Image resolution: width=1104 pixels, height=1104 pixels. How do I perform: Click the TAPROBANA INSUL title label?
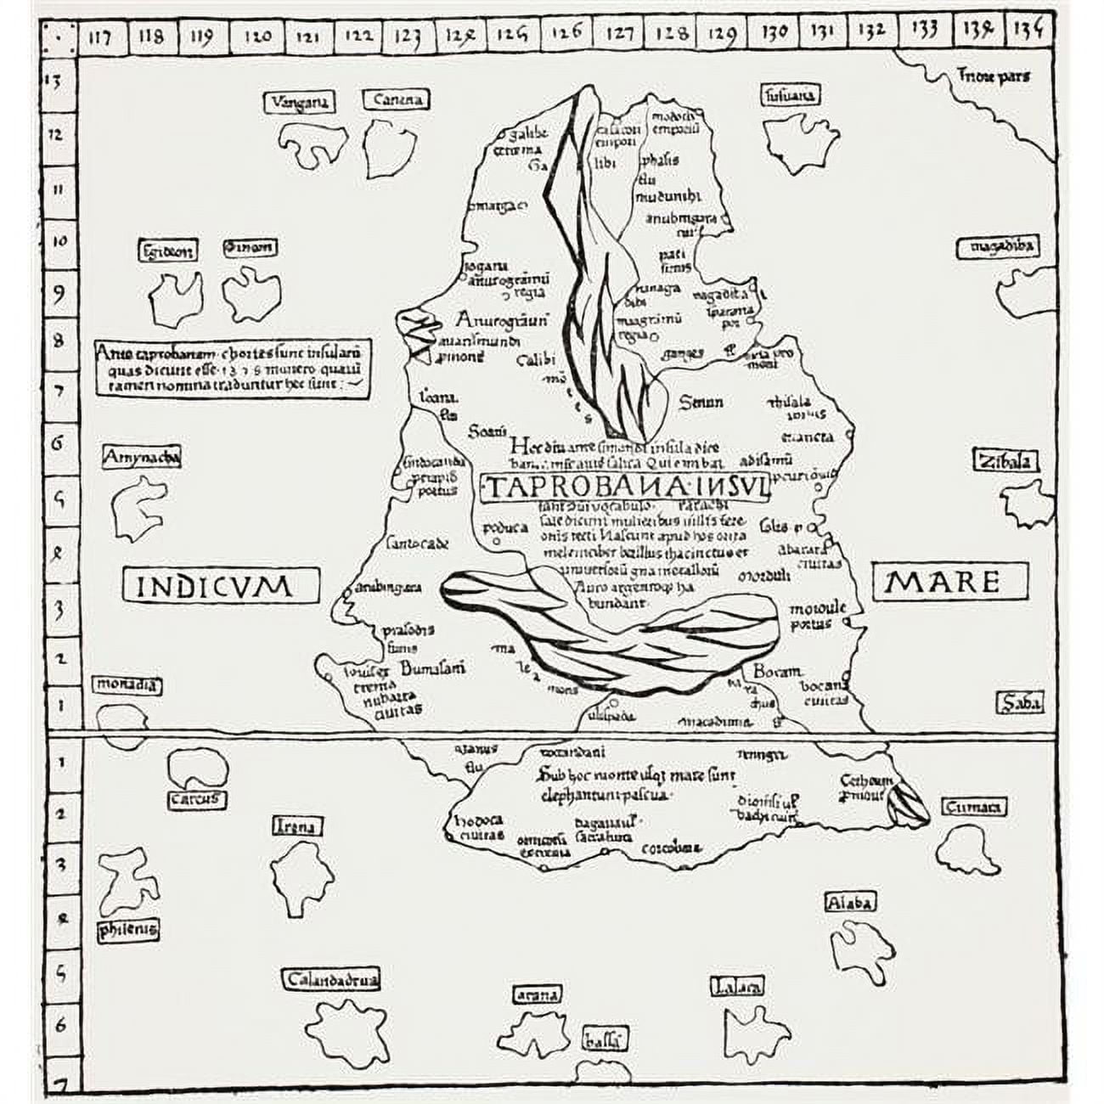(627, 488)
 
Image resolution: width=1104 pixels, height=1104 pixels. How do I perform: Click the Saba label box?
(1018, 703)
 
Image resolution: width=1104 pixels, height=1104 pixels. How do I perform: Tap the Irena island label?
(296, 826)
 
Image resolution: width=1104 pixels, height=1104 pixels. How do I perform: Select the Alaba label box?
(849, 902)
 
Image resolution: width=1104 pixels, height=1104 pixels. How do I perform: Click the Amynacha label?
(140, 458)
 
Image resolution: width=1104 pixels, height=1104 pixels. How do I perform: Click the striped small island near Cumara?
(907, 803)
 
